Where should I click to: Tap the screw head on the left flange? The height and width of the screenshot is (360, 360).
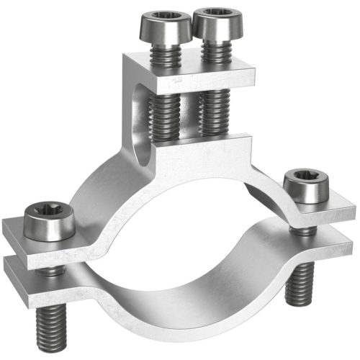[48, 222]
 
